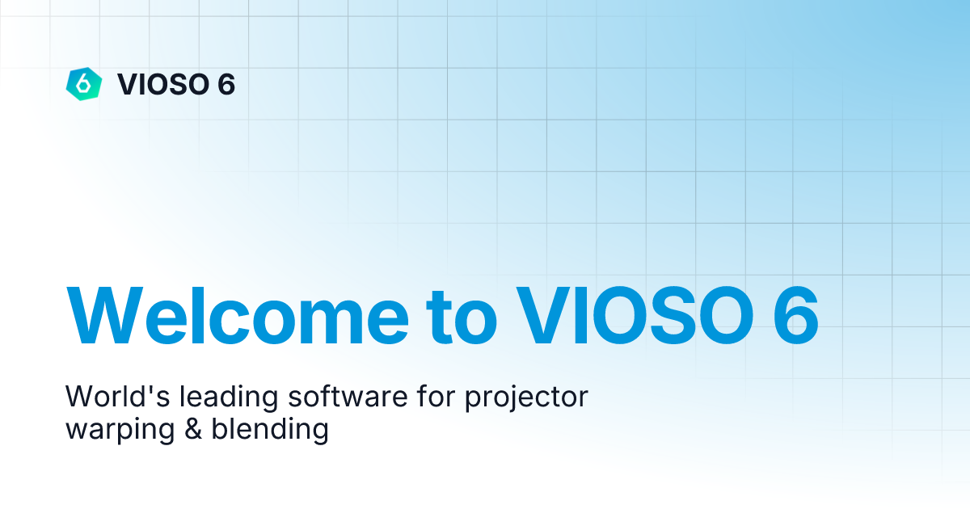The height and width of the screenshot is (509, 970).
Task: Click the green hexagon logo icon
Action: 83,83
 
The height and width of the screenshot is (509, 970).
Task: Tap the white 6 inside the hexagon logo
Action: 83,83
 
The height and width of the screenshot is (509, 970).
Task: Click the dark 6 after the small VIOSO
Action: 226,84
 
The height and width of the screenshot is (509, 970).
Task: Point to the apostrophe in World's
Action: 131,389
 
